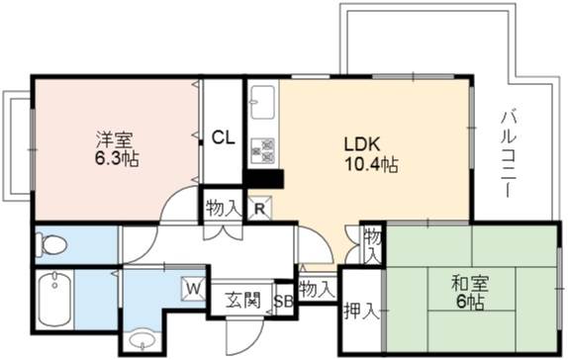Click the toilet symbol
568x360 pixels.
[52, 245]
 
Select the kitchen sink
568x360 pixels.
[262, 102]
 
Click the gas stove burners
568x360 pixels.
[262, 150]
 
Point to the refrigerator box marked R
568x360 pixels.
[259, 208]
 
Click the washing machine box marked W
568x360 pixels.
[194, 289]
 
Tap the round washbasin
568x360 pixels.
[142, 340]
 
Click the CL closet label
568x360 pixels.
[223, 137]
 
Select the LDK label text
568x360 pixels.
[361, 144]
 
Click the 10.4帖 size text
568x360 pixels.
[371, 165]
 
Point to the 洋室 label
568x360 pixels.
[115, 139]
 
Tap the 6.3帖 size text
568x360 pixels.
[117, 158]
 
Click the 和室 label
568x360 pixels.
[470, 284]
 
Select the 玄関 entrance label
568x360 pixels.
[242, 300]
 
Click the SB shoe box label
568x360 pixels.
[283, 301]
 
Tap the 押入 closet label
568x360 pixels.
[361, 312]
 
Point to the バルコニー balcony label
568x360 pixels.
[509, 154]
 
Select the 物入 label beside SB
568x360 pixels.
[316, 289]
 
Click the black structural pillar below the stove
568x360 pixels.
[263, 179]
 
